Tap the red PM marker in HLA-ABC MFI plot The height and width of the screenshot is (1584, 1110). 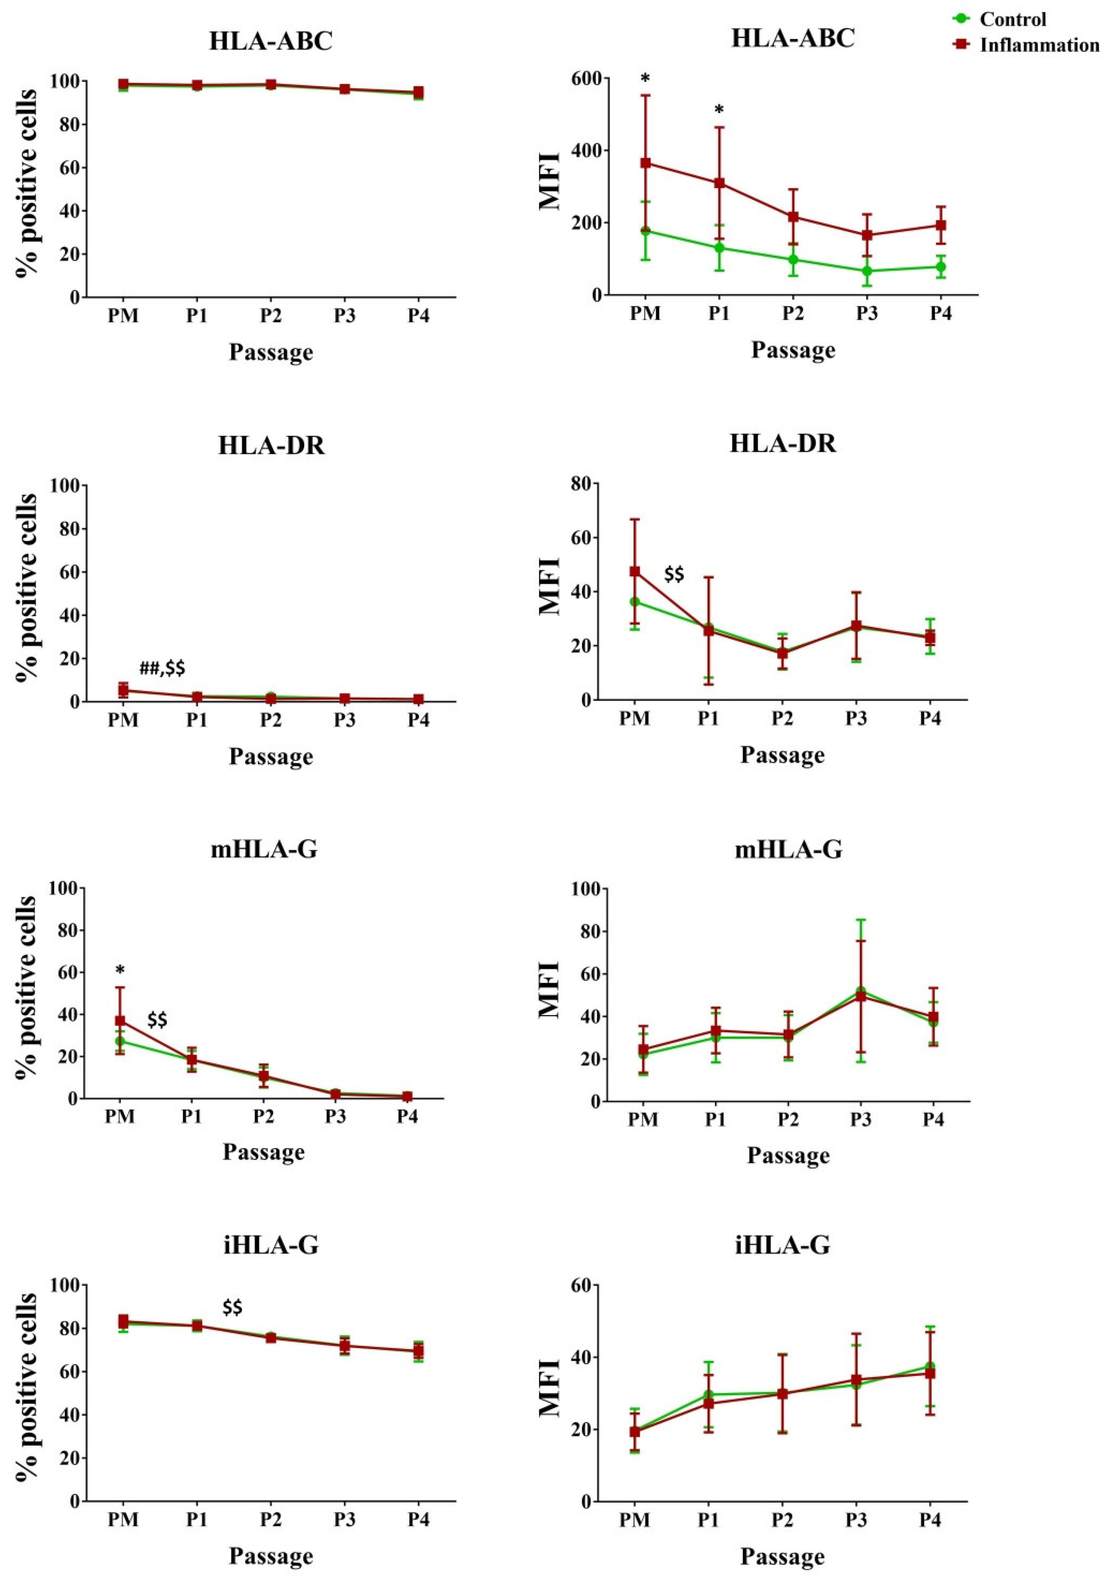(646, 163)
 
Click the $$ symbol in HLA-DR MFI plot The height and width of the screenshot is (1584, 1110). (674, 574)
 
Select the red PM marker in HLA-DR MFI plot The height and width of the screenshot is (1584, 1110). (635, 571)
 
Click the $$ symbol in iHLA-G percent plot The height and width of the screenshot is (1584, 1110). (232, 1308)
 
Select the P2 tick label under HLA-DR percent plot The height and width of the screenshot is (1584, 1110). (270, 720)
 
